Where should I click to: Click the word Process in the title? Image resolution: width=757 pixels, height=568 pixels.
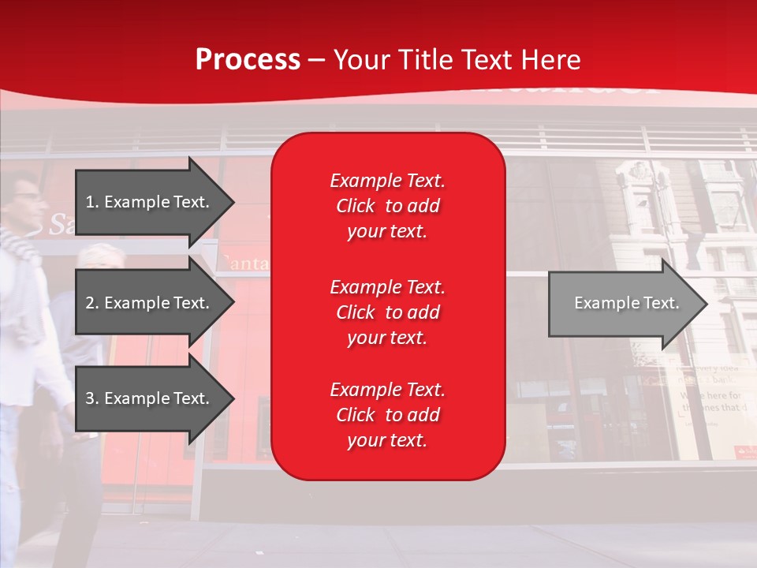248,60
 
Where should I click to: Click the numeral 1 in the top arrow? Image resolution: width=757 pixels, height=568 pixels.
89,202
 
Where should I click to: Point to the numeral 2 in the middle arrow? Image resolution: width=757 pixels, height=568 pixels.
90,303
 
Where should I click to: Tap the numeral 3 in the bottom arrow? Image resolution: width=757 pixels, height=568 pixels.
90,398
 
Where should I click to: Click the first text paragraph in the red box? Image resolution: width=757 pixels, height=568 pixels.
387,206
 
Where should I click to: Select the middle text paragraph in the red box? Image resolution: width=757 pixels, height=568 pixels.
387,312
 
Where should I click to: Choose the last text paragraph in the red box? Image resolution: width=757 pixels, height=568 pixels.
387,415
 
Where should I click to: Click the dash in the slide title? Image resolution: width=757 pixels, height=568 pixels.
316,61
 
